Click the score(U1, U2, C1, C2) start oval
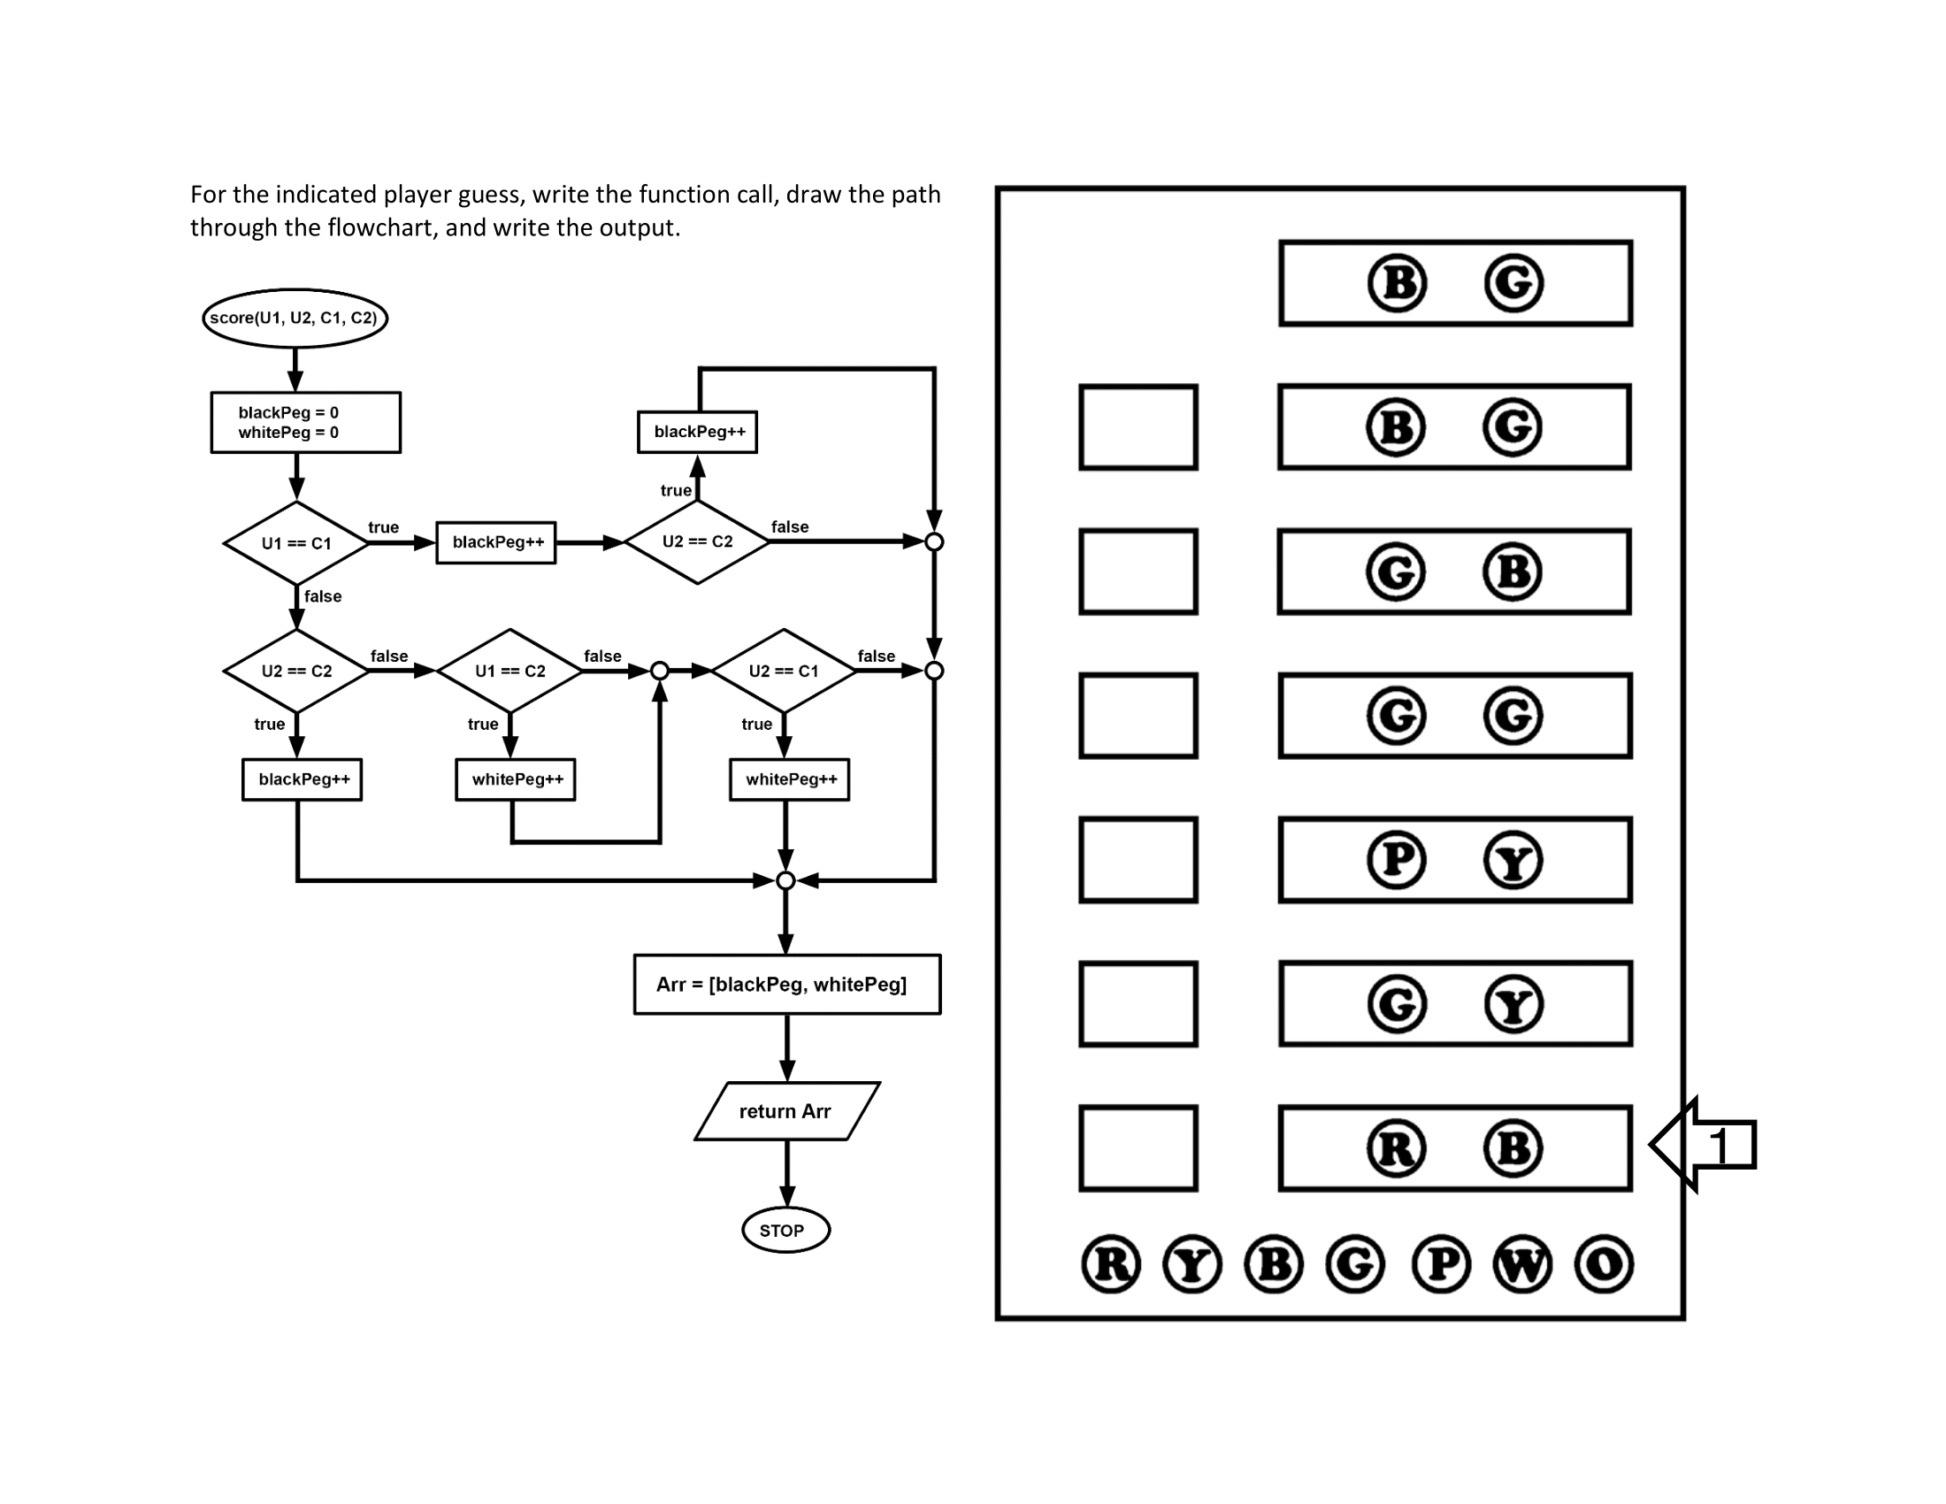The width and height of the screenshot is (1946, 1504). (295, 318)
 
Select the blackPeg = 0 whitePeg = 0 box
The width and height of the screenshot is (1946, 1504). (306, 422)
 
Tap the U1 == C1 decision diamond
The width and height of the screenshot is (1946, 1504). (295, 543)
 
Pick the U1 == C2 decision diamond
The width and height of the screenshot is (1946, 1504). (509, 671)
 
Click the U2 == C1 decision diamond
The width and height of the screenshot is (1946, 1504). (783, 671)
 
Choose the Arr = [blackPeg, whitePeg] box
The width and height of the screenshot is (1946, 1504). (786, 985)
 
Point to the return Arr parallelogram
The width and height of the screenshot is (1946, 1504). (786, 1111)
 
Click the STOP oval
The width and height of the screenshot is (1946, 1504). (785, 1231)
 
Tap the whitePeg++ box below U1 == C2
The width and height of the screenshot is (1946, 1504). (515, 779)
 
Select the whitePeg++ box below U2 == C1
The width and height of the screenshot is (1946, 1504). (789, 779)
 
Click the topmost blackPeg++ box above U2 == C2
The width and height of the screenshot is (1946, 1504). (698, 432)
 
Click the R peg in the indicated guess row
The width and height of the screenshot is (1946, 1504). (1396, 1148)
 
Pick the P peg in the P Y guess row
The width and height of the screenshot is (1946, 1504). (1396, 860)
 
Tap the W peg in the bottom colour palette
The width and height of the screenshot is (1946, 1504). (1523, 1264)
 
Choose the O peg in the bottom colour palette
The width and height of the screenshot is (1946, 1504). (1604, 1264)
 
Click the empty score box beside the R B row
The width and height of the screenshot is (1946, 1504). (1138, 1148)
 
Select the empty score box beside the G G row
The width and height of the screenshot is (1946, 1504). (1138, 716)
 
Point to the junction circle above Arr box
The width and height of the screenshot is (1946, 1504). (785, 881)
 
